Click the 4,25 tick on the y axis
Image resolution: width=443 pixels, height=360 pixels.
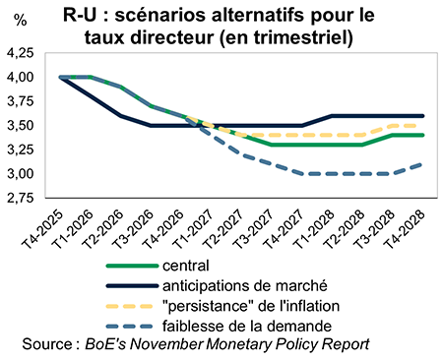[x=21, y=52]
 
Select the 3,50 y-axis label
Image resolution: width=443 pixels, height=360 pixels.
[x=21, y=125]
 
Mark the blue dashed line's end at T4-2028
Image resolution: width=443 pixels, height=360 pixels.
[x=422, y=164]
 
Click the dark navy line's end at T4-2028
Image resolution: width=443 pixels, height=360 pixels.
[x=422, y=116]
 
